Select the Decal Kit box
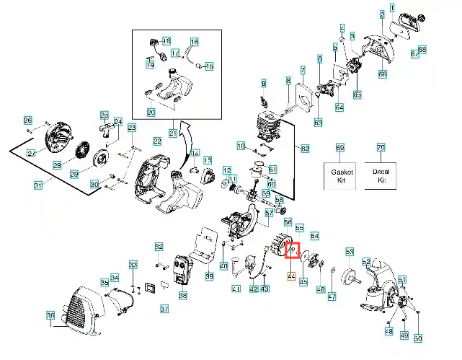(x=381, y=175)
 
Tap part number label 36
(x=50, y=315)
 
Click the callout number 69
(x=340, y=147)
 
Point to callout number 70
(x=381, y=147)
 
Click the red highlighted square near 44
(x=293, y=250)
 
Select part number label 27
(x=32, y=153)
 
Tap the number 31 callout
(x=39, y=185)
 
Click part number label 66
(x=383, y=74)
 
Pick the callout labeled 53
(x=350, y=252)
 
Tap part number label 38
(x=182, y=296)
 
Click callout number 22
(x=157, y=141)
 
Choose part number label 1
(x=392, y=7)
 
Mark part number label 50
(x=417, y=338)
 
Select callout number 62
(x=304, y=149)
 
